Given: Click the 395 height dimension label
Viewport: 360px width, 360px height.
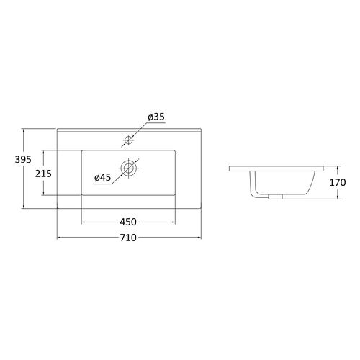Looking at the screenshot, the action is (23, 159).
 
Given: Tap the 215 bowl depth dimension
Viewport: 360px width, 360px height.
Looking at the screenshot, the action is (43, 174).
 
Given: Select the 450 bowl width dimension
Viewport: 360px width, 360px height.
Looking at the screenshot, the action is (128, 222).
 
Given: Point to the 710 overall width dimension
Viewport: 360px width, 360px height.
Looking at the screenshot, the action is (128, 238).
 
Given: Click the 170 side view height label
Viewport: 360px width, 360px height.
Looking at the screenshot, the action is (338, 182).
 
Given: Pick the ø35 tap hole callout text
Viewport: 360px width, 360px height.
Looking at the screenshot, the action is (156, 117).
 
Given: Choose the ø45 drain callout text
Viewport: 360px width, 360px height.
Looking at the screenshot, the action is (103, 178).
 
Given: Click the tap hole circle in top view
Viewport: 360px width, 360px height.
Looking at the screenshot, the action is (129, 140).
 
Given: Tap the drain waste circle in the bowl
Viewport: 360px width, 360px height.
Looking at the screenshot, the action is (129, 167).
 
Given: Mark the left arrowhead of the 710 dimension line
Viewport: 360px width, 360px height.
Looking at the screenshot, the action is (59, 238).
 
